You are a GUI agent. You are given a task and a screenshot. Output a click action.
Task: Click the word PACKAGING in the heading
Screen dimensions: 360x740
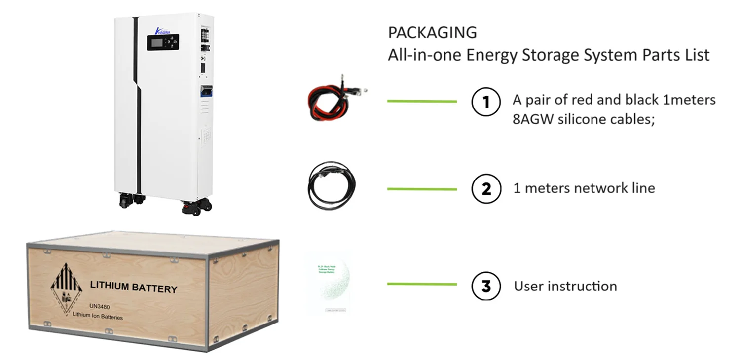432,33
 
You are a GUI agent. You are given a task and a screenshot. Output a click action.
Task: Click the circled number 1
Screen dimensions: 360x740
486,103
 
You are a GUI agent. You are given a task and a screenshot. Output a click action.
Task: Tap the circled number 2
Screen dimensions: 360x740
486,189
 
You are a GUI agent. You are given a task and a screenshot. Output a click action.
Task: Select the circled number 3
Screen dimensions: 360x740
486,286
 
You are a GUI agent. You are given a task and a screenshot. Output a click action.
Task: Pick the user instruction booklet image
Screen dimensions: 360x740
328,284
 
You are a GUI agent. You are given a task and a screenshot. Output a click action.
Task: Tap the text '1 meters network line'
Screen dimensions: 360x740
584,188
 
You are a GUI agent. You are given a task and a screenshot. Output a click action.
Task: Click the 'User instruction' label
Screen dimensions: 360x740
565,286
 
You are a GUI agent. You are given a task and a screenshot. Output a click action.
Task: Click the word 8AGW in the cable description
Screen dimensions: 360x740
533,119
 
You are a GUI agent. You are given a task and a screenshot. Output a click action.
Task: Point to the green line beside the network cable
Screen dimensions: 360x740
422,189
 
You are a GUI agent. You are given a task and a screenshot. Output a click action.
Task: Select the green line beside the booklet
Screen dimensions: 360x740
422,284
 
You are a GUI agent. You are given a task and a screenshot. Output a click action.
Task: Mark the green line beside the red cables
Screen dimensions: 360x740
422,102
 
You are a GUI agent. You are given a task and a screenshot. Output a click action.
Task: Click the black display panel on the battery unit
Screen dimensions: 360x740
163,42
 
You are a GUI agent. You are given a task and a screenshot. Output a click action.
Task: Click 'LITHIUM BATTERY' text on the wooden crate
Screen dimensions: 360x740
133,287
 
